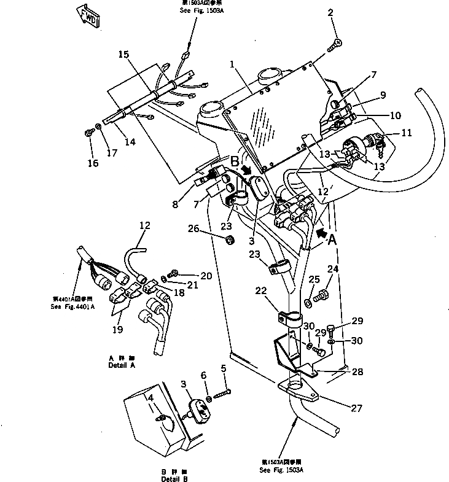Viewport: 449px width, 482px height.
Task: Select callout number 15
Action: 124,55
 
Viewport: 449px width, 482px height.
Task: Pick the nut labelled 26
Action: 228,238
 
